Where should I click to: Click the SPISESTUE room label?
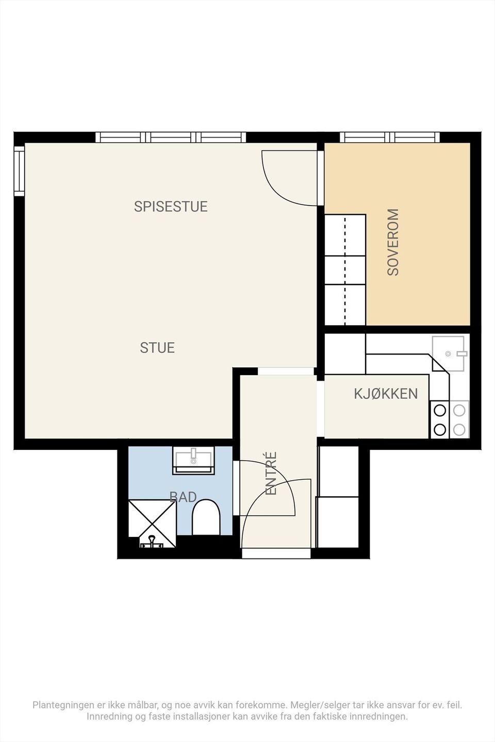point(171,206)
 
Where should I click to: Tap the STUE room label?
point(157,348)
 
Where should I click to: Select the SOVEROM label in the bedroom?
point(393,242)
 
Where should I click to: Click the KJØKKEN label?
point(386,394)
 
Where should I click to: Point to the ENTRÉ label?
point(271,474)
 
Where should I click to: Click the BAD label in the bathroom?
point(183,497)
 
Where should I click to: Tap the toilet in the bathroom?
point(206,517)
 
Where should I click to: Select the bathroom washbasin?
point(193,460)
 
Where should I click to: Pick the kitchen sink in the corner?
point(450,353)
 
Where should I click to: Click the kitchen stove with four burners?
point(450,420)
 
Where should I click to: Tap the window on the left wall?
point(20,171)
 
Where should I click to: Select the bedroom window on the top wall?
point(390,137)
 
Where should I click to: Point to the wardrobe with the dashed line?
point(345,269)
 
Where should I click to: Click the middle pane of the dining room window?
point(171,137)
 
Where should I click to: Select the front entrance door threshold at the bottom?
point(276,553)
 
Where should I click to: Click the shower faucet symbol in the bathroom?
point(152,543)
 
